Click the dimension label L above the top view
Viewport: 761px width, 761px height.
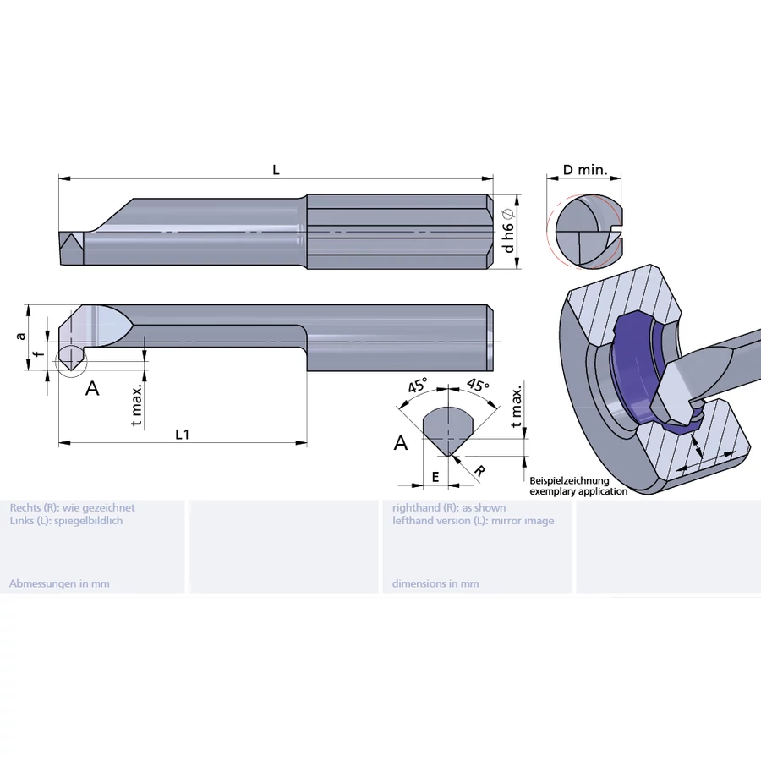point(276,170)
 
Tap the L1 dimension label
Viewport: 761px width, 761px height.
point(181,434)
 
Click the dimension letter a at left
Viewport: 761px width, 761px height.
point(20,336)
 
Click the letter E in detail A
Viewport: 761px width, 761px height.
point(435,477)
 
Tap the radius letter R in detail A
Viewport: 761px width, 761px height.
point(479,470)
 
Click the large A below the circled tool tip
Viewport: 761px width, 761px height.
point(93,388)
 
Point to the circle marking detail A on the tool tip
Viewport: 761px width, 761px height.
point(70,358)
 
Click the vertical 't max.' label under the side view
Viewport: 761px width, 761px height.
point(136,404)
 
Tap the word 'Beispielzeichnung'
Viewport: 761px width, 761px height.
point(569,480)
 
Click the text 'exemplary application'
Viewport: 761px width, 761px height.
point(578,490)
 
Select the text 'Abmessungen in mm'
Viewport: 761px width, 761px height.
point(59,583)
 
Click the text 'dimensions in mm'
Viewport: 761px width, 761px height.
point(435,583)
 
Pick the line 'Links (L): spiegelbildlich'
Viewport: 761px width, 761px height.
point(66,521)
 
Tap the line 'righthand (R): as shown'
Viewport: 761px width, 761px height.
point(449,508)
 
